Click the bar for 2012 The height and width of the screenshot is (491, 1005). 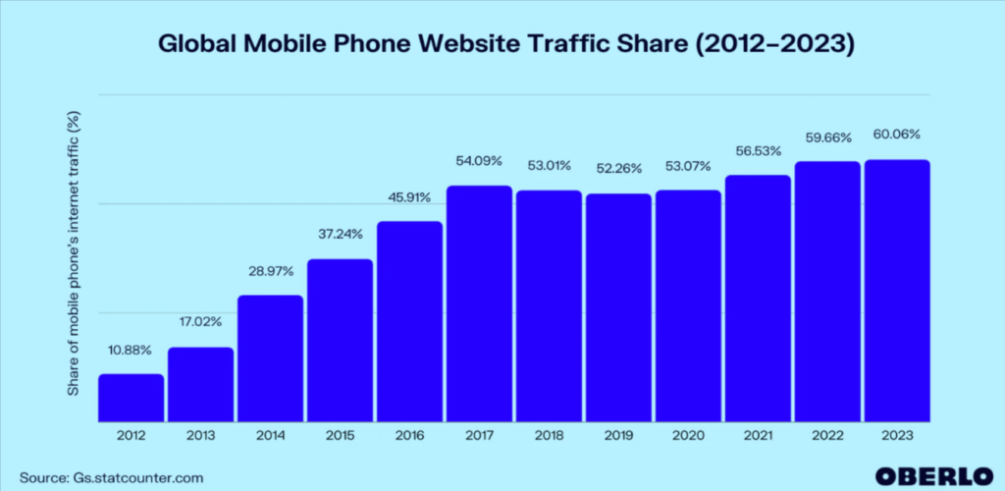pos(131,397)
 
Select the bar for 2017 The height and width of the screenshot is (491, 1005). pos(479,302)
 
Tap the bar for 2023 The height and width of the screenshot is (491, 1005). pos(897,290)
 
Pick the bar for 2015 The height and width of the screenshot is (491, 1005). pos(340,340)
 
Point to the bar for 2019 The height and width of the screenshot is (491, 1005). pos(618,306)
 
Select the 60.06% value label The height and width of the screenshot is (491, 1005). pos(897,135)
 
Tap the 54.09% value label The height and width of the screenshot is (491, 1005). pos(479,160)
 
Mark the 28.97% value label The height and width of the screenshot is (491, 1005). pos(270,270)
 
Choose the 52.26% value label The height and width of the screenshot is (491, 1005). pos(618,169)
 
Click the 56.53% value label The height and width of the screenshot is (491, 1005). pos(758,150)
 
